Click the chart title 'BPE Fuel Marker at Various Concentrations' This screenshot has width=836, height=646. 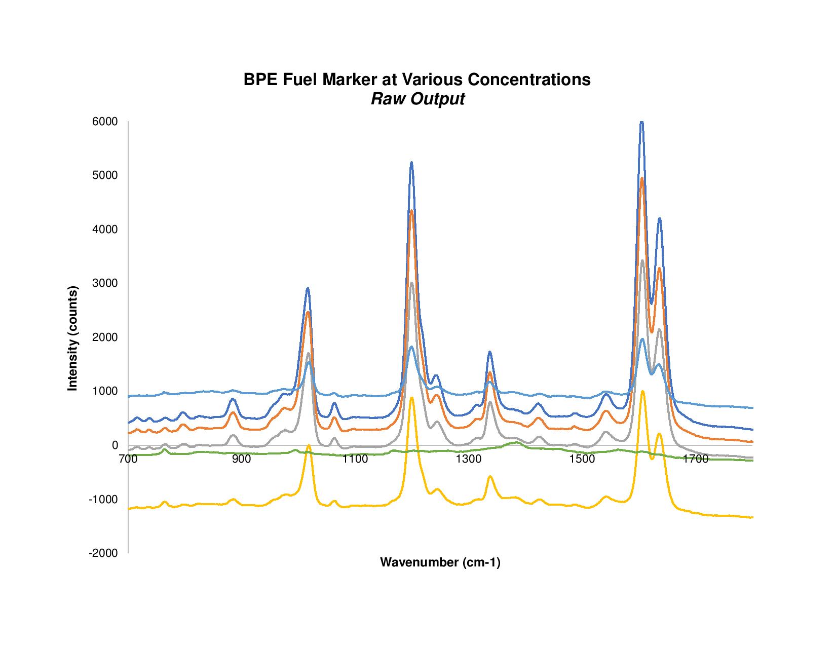pos(417,80)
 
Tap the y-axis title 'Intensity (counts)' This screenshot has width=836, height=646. pos(73,338)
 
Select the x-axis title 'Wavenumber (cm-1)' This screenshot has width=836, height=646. pos(440,562)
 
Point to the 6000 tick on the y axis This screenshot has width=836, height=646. pos(107,122)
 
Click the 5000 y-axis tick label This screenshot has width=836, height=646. pos(107,175)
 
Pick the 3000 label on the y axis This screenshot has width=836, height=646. pos(107,283)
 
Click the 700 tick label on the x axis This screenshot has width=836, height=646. pos(128,459)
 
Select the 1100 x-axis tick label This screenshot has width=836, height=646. pos(355,459)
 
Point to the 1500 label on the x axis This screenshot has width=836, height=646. pos(582,459)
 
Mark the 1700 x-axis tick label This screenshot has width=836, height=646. pos(696,459)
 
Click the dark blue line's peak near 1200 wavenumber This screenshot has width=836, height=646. pos(411,163)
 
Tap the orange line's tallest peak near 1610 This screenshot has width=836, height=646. pos(642,178)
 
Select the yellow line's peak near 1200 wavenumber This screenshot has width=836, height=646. pos(411,398)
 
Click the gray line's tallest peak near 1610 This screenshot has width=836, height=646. pos(642,261)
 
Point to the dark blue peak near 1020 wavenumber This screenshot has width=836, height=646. pos(308,289)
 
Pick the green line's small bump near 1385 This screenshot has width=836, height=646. pos(516,443)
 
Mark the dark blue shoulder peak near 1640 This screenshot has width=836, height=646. pos(659,219)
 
